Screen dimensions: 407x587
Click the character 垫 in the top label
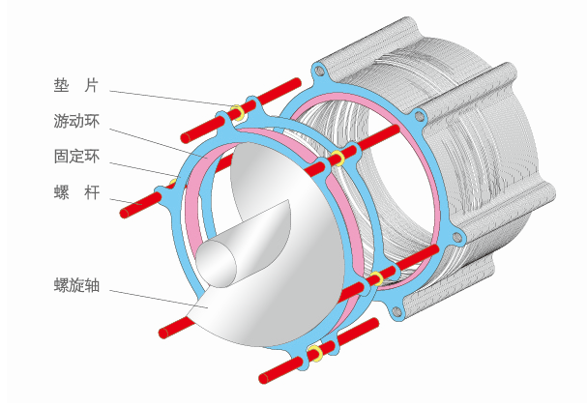pos(61,86)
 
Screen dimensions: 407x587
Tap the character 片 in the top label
pos(93,86)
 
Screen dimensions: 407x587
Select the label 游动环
pos(76,122)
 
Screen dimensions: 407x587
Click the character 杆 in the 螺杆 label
pos(93,191)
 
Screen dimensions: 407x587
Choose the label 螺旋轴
pos(76,285)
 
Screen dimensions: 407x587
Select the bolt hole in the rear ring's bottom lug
pos(395,310)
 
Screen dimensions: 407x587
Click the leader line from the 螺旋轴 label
pos(155,299)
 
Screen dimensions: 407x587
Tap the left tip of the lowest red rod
pos(260,374)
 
